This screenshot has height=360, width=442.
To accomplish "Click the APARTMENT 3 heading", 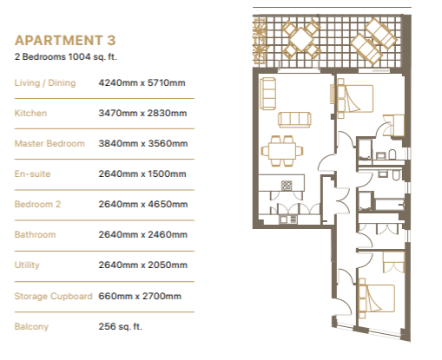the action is click(x=65, y=41).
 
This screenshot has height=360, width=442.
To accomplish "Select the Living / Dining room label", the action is click(x=45, y=83).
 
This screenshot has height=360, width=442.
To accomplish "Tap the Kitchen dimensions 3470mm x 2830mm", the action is click(x=142, y=113).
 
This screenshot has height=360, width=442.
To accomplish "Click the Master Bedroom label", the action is click(x=49, y=143).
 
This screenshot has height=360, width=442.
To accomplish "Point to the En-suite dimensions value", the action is click(x=142, y=173).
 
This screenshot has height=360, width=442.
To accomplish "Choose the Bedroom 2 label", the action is click(x=37, y=204).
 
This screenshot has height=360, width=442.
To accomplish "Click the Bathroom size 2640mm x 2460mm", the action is click(x=142, y=234).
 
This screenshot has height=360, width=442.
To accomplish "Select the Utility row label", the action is click(x=27, y=265).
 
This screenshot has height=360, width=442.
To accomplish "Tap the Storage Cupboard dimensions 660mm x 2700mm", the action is click(x=140, y=296).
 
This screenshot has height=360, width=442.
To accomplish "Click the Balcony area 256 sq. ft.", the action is click(x=121, y=326).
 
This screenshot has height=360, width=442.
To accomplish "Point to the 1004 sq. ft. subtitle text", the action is click(x=93, y=56).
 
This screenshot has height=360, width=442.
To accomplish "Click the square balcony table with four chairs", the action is click(x=301, y=39).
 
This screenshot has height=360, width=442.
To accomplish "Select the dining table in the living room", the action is click(x=282, y=151).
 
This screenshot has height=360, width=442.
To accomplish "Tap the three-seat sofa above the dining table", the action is click(x=294, y=120).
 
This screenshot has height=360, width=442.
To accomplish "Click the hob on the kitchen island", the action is click(x=287, y=186).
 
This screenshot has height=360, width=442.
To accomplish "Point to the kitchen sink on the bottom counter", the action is click(x=288, y=219).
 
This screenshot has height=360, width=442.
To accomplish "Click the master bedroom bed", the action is click(x=355, y=98).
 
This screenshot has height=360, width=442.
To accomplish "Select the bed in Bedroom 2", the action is click(x=377, y=298).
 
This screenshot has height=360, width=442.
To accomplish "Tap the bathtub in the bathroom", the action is click(x=389, y=204).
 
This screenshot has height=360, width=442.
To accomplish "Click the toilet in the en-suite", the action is click(x=392, y=154).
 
